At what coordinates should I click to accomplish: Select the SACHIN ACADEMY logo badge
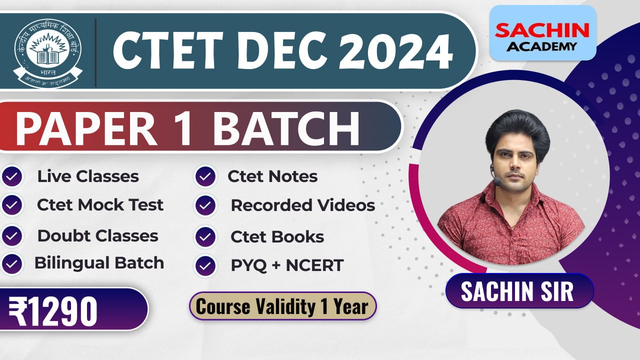tap(542, 32)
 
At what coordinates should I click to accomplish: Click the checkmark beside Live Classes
tap(12, 177)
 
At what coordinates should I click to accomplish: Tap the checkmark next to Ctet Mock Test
tap(12, 205)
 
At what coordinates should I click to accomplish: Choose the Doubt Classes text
tap(97, 236)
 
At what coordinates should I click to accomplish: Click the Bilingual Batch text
tap(99, 263)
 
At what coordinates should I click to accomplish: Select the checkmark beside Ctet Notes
tap(205, 176)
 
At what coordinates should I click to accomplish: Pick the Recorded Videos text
tap(302, 205)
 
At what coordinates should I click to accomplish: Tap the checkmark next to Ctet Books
tap(205, 237)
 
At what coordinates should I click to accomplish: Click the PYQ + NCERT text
tap(287, 265)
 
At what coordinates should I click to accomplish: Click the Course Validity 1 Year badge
tap(282, 306)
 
